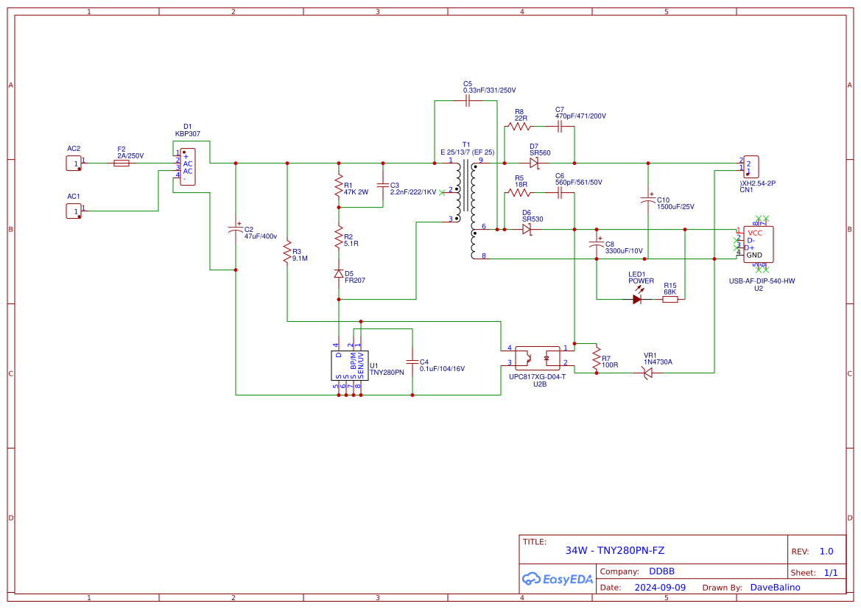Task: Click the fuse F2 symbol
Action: pyautogui.click(x=122, y=163)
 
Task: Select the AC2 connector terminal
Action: pyautogui.click(x=73, y=163)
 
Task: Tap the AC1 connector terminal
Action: pyautogui.click(x=73, y=211)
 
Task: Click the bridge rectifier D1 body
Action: pyautogui.click(x=188, y=167)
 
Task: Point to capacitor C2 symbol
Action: pyautogui.click(x=236, y=229)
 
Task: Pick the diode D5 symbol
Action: pyautogui.click(x=339, y=273)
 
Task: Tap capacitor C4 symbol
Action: pyautogui.click(x=412, y=362)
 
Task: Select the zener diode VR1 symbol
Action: pyautogui.click(x=647, y=373)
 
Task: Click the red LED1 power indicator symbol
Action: pyautogui.click(x=637, y=300)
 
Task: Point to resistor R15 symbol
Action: pyautogui.click(x=670, y=300)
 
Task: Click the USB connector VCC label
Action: pyautogui.click(x=755, y=233)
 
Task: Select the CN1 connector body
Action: pyautogui.click(x=751, y=166)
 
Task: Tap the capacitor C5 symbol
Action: pyautogui.click(x=468, y=101)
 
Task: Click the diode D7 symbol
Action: pyautogui.click(x=534, y=163)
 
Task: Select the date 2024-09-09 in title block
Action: pyautogui.click(x=660, y=588)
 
